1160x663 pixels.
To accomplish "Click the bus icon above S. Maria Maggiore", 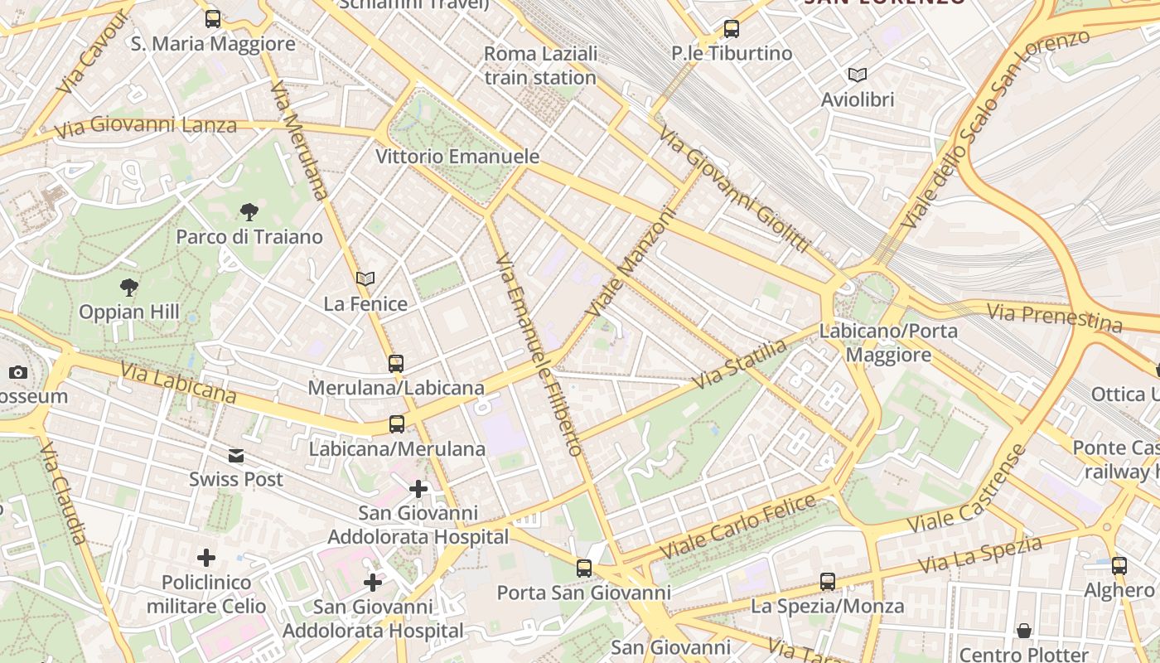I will (x=213, y=18).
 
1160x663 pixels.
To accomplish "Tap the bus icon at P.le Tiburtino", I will (x=731, y=29).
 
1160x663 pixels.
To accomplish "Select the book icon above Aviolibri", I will (x=858, y=75).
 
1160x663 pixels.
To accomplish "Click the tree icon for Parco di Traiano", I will (x=249, y=212).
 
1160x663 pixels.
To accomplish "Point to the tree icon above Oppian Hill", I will (x=128, y=288).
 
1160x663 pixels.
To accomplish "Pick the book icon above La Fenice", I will (x=365, y=279).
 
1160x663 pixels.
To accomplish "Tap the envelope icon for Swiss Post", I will (x=236, y=455).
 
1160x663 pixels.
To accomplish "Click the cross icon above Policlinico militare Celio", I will (x=205, y=558).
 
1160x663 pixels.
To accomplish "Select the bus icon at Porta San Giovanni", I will (x=584, y=569).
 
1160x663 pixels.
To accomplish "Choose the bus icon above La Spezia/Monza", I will (x=827, y=581).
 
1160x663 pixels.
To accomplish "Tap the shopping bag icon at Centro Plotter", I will (x=1024, y=631).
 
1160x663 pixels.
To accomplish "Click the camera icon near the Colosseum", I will (x=18, y=373).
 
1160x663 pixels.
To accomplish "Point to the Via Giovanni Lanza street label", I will (x=146, y=127).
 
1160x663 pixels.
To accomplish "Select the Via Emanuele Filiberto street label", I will (x=539, y=355).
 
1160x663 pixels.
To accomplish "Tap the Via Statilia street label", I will (x=739, y=364).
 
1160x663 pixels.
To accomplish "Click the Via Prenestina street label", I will (x=1054, y=316).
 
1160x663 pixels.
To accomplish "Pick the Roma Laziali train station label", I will (x=540, y=65).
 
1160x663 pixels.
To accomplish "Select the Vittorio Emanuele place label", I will (x=457, y=157).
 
